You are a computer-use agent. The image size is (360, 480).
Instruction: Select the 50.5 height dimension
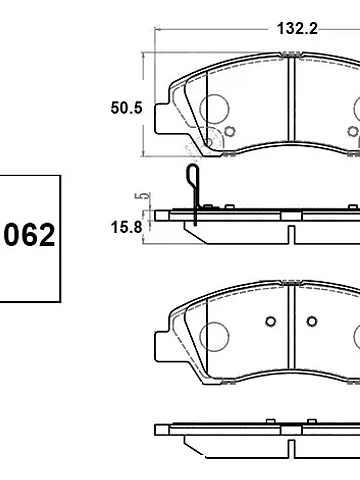click(x=126, y=108)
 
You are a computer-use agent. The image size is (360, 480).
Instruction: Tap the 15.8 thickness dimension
click(x=126, y=227)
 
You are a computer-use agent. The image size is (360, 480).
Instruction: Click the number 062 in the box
click(x=29, y=235)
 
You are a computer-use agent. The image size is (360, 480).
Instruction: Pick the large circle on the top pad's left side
click(x=215, y=108)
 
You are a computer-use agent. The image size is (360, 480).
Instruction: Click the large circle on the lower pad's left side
click(x=215, y=336)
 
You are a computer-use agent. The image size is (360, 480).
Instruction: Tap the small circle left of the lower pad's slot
click(x=271, y=321)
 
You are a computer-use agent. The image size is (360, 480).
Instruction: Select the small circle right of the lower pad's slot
click(x=312, y=321)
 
